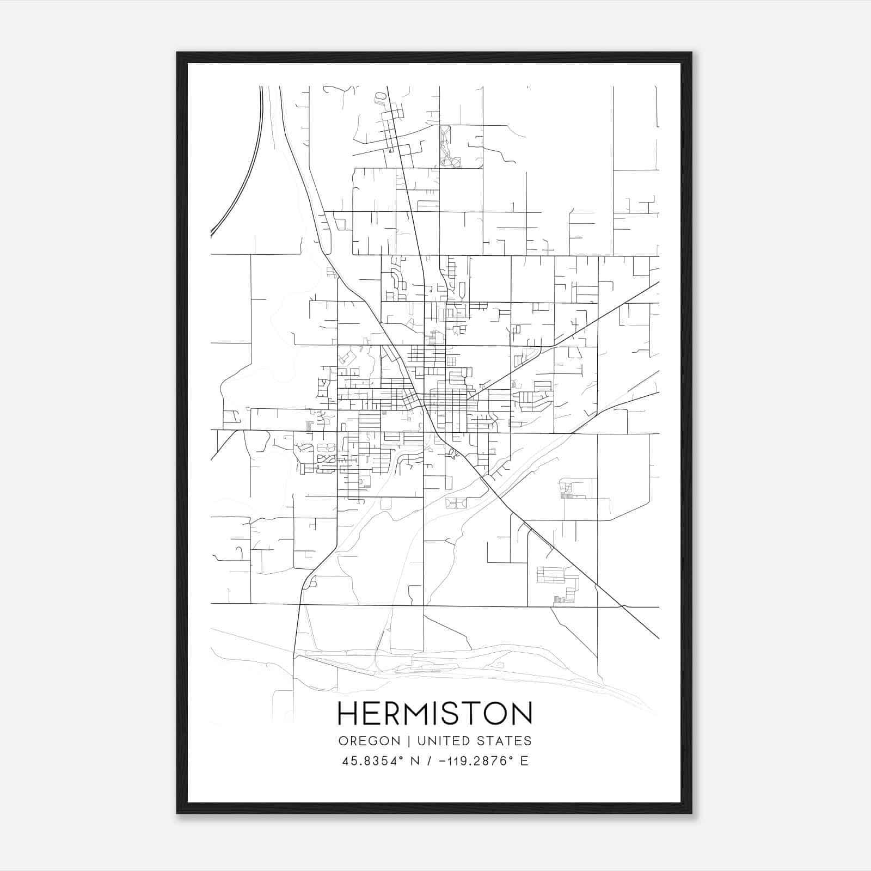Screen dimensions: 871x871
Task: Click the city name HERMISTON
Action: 434,713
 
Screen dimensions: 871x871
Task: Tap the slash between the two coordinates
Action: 431,761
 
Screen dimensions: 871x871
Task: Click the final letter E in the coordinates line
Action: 524,761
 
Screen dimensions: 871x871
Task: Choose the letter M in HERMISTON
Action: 416,713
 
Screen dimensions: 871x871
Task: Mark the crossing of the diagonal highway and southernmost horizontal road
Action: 622,606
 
